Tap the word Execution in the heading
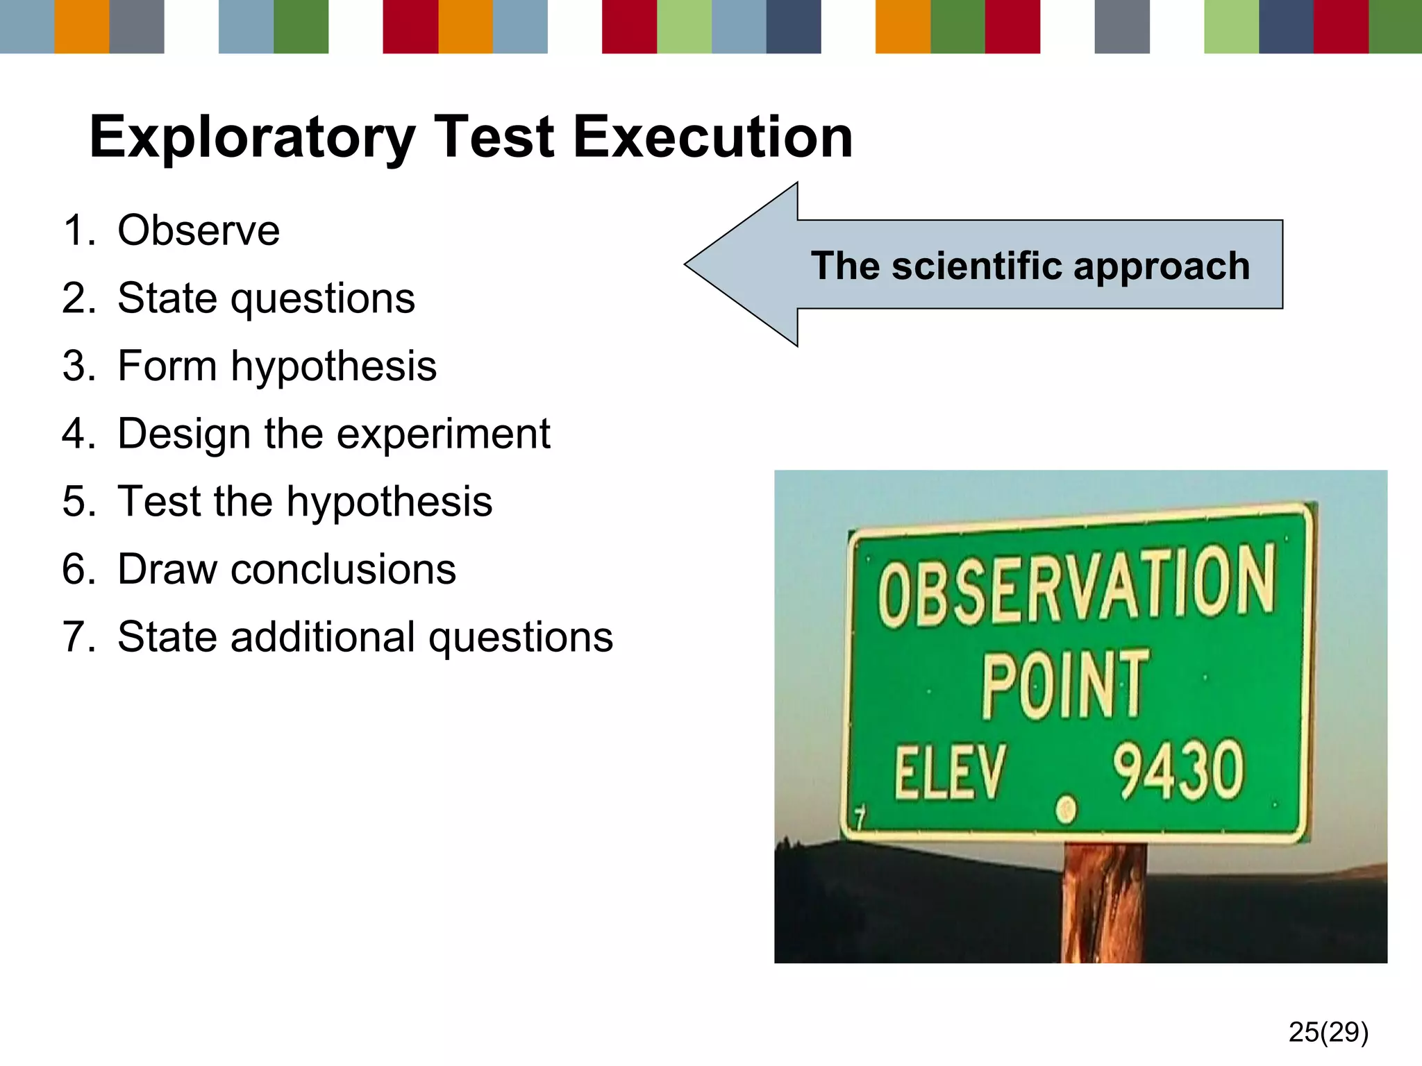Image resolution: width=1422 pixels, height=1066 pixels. (713, 137)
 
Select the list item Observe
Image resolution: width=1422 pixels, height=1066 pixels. (199, 230)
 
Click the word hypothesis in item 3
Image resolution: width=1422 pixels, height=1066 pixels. (333, 366)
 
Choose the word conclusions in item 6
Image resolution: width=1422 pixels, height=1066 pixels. (343, 570)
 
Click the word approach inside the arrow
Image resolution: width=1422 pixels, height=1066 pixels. (1162, 267)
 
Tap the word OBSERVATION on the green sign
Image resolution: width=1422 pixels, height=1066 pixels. (1077, 585)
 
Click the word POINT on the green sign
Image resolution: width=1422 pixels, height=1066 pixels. (1064, 686)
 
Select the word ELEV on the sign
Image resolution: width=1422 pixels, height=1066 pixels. (949, 773)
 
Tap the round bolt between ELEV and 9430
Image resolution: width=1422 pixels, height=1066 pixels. (1066, 809)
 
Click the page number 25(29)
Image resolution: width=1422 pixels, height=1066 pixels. (1328, 1032)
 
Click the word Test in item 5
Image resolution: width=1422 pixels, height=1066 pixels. (160, 502)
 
